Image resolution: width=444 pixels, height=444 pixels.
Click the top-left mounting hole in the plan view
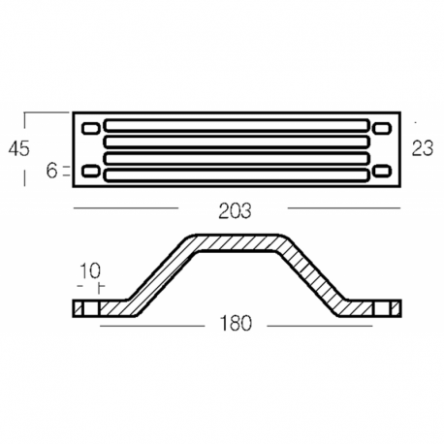(x=90, y=128)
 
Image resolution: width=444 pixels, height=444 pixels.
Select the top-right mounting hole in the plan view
(x=382, y=128)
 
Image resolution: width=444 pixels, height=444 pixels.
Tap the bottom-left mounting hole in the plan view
(x=90, y=173)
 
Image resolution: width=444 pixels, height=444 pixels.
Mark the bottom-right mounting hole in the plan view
(x=382, y=173)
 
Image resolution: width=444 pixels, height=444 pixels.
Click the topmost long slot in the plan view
(x=237, y=125)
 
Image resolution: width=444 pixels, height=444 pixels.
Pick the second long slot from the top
(x=237, y=142)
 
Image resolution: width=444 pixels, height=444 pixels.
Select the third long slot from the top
(x=237, y=158)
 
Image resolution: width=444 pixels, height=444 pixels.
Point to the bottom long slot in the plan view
(x=237, y=174)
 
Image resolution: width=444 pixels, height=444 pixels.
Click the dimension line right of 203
(x=344, y=208)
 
